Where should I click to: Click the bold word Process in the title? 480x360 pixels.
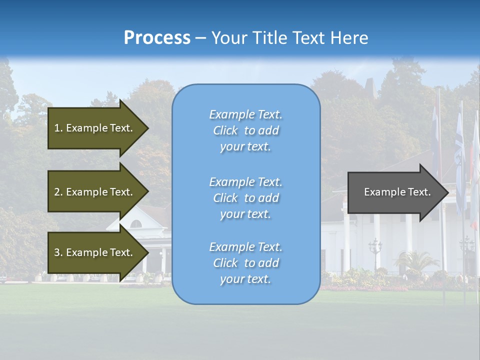point(157,38)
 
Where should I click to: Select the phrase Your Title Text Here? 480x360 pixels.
point(289,38)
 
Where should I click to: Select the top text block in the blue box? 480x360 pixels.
point(245,130)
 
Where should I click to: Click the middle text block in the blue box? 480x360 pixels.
point(245,198)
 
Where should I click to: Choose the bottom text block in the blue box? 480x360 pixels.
point(245,263)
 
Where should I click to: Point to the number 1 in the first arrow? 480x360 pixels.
point(56,128)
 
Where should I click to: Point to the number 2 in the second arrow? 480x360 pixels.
point(56,192)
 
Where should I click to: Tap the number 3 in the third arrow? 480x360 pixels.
point(56,252)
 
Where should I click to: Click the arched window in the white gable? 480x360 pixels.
point(135,223)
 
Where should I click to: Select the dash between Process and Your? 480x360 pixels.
point(200,38)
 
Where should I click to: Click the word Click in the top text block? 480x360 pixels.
point(225,130)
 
